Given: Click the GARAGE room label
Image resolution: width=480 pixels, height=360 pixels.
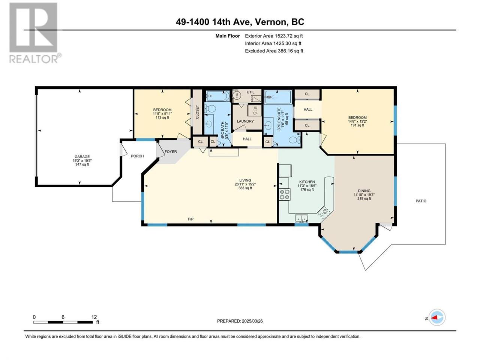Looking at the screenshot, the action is pyautogui.click(x=82, y=156).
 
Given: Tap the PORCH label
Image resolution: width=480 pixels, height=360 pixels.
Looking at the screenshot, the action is pyautogui.click(x=137, y=156).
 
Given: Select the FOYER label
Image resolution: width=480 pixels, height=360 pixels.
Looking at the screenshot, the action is pyautogui.click(x=171, y=151).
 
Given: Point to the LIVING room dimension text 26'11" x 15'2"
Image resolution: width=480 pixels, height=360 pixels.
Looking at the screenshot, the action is pyautogui.click(x=245, y=184).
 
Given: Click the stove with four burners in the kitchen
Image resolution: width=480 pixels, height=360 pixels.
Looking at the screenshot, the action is pyautogui.click(x=285, y=194).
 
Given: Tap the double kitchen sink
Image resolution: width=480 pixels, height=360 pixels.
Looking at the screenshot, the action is pyautogui.click(x=301, y=218).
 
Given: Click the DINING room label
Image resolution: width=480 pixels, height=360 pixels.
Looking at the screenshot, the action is pyautogui.click(x=364, y=191).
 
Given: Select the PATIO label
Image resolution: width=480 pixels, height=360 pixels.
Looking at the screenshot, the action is pyautogui.click(x=421, y=201).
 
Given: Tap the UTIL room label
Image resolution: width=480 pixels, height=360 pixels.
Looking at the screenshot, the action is pyautogui.click(x=250, y=92).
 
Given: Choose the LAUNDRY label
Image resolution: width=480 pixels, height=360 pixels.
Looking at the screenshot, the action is pyautogui.click(x=245, y=121).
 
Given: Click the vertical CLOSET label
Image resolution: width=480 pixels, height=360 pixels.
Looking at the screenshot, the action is pyautogui.click(x=197, y=112).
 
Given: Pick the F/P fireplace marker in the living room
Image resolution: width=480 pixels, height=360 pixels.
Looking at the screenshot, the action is pyautogui.click(x=191, y=219).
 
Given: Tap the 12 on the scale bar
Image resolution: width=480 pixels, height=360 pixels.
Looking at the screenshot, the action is pyautogui.click(x=94, y=317).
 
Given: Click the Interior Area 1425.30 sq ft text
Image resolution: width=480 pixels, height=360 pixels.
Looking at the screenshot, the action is pyautogui.click(x=273, y=43).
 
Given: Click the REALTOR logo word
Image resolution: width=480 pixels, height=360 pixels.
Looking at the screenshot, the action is pyautogui.click(x=34, y=59).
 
